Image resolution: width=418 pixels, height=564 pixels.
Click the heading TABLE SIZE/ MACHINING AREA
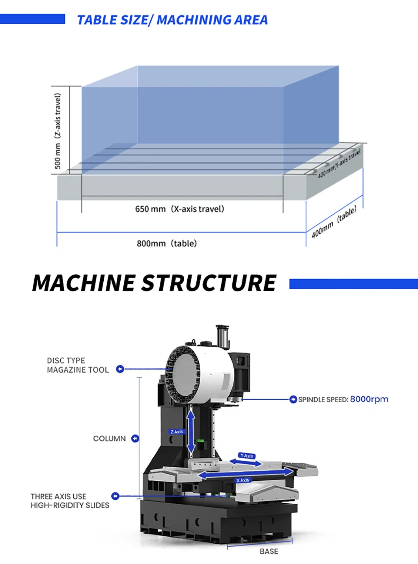point(172,20)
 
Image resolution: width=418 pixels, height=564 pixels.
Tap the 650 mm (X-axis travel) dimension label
point(179,209)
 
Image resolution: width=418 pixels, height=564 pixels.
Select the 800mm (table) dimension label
point(166,243)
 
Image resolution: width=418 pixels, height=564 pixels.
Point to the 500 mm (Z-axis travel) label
point(58,131)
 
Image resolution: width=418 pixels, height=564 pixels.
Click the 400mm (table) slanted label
point(334,222)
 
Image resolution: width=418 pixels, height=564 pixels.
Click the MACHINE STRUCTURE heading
point(154,283)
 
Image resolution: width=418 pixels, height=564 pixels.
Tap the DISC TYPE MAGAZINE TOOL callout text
point(77,365)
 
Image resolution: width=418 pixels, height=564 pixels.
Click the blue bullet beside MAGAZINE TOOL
point(120,369)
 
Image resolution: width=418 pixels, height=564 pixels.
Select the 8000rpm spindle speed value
point(369,399)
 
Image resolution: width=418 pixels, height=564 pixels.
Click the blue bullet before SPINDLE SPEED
point(293,400)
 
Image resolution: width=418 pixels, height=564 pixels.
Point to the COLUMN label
point(109,439)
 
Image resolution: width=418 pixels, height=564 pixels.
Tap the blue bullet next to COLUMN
point(135,439)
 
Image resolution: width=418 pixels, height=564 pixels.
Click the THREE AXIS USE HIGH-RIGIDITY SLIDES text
point(70,501)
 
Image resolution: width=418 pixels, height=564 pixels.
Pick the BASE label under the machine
point(269,551)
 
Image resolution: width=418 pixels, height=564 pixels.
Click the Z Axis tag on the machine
point(177,432)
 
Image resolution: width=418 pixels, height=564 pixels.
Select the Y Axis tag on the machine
point(247,456)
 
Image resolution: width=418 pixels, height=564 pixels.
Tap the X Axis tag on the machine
point(243,480)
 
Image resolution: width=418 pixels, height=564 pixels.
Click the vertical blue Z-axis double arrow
point(191,432)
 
